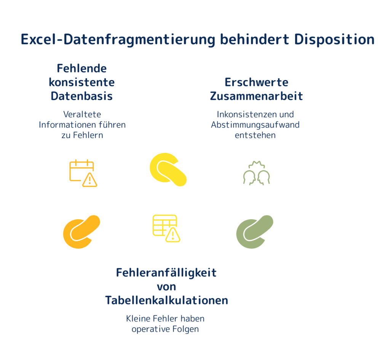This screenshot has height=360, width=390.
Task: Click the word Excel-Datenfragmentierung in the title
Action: [118, 40]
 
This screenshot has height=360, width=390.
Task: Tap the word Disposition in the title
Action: [334, 39]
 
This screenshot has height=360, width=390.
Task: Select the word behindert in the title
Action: [254, 39]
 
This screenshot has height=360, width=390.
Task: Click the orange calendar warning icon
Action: [83, 173]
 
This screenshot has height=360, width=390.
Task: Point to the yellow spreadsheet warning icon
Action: [166, 228]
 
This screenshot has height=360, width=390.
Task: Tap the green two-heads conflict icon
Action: [256, 173]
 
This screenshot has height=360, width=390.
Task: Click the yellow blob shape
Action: [168, 169]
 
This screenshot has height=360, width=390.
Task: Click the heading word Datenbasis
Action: [82, 96]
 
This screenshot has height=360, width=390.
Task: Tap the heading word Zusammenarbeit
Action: [256, 96]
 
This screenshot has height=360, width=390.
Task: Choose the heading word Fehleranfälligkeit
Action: [166, 273]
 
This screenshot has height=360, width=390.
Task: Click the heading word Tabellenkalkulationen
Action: [166, 300]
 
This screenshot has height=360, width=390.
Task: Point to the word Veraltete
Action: [82, 114]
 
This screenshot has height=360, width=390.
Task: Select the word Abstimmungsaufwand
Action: [255, 125]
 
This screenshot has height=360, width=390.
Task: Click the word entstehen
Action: [255, 135]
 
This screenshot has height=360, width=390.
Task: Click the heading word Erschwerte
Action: [256, 82]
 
